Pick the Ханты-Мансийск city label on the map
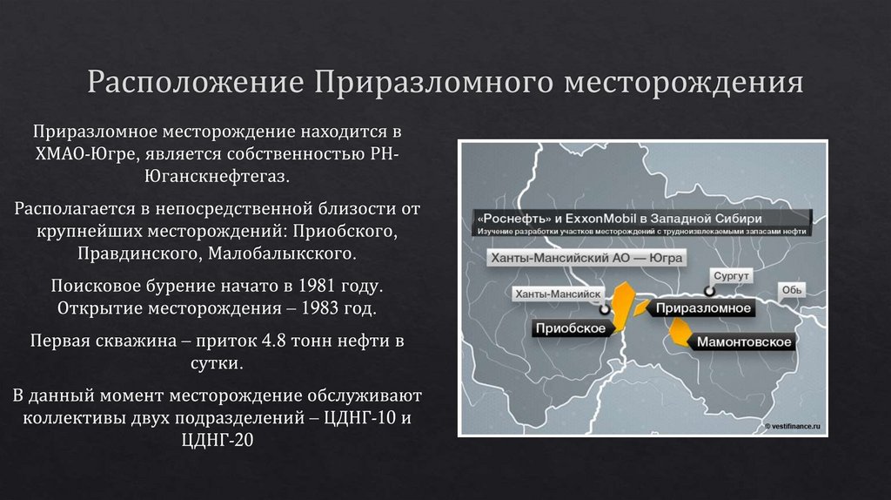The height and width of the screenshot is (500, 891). (559, 294)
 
